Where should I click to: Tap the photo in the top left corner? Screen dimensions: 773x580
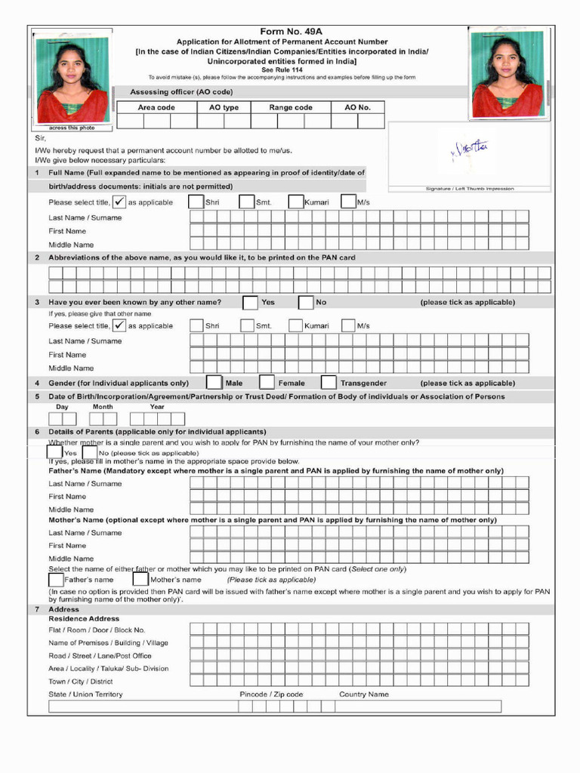(72, 79)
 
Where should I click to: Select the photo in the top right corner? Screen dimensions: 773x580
(507, 74)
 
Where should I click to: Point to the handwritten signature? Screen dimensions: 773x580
(470, 151)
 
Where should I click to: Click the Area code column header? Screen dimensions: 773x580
(156, 107)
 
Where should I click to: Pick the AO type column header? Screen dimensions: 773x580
(224, 107)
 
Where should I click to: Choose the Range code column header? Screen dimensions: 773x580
(291, 107)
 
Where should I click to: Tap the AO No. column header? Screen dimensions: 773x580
(358, 107)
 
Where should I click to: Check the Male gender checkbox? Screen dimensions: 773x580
(214, 383)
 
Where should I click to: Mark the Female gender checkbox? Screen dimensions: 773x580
(267, 383)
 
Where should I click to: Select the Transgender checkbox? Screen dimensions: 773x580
(329, 383)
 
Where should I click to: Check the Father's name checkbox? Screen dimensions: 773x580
(56, 580)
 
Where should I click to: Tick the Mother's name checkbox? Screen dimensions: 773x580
(140, 580)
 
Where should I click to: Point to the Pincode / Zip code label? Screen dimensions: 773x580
(271, 694)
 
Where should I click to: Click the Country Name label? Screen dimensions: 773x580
(364, 694)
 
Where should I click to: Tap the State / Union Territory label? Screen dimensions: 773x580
(85, 694)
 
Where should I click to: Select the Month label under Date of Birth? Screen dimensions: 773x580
(103, 407)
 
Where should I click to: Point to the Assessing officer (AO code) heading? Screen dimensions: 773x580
(181, 92)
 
